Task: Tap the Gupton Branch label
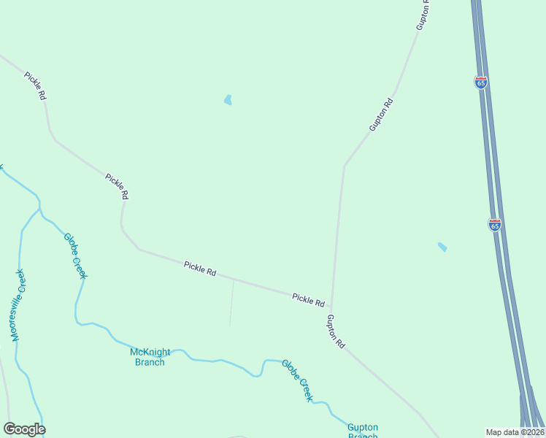[x=362, y=431]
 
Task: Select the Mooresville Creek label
[x=18, y=304]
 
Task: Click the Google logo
[x=24, y=429]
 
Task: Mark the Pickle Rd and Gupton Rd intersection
[x=331, y=307]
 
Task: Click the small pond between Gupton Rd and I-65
[x=442, y=247]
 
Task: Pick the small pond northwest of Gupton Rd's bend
[x=228, y=100]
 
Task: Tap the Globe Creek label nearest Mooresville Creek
[x=75, y=255]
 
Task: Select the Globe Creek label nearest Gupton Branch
[x=297, y=380]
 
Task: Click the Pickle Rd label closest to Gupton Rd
[x=308, y=299]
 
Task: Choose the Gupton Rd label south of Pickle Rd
[x=336, y=331]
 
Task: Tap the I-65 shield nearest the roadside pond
[x=495, y=225]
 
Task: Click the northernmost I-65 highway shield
[x=480, y=82]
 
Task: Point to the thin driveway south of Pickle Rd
[x=231, y=303]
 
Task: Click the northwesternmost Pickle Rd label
[x=35, y=85]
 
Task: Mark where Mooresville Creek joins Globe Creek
[x=39, y=210]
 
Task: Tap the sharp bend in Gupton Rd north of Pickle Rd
[x=344, y=166]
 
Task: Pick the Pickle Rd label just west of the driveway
[x=200, y=269]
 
